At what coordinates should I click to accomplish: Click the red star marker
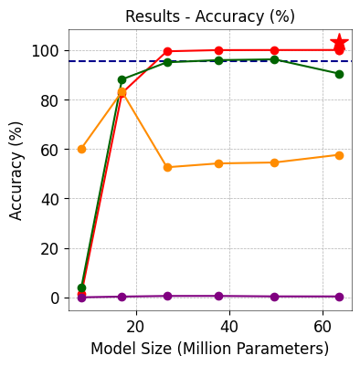(339, 43)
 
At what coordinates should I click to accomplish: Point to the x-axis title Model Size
(209, 349)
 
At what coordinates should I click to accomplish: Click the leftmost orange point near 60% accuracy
(81, 149)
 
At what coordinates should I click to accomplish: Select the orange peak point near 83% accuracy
(122, 92)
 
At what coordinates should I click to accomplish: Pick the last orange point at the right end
(339, 155)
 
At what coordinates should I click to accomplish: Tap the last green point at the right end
(339, 74)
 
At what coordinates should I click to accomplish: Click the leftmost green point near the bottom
(81, 288)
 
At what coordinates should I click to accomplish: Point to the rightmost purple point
(339, 297)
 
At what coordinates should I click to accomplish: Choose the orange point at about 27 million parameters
(167, 167)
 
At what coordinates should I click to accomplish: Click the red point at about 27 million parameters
(167, 51)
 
